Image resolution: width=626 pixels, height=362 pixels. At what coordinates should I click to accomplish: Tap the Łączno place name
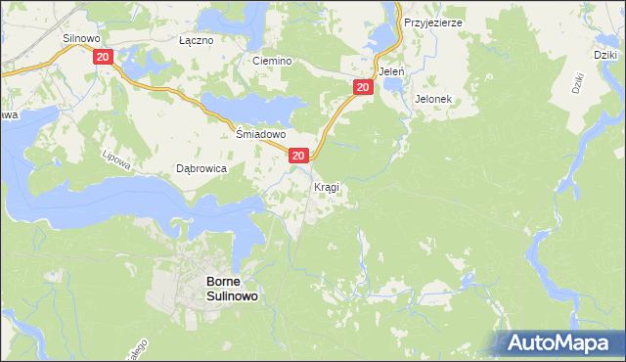click(x=196, y=41)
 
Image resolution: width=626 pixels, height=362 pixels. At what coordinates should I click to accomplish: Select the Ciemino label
click(x=273, y=61)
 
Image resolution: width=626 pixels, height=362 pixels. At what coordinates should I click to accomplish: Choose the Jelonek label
click(x=431, y=99)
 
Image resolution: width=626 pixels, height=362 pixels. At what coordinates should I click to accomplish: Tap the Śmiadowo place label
click(x=261, y=134)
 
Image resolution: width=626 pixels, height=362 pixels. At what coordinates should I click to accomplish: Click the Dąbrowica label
click(x=201, y=168)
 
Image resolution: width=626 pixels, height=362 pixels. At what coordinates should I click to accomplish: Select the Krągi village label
click(x=327, y=186)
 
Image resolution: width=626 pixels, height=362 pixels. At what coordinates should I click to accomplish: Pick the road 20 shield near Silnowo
click(x=104, y=58)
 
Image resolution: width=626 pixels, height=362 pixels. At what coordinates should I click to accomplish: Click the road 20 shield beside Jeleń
click(x=362, y=88)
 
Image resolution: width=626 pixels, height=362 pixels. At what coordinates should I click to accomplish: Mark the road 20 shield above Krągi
click(x=299, y=155)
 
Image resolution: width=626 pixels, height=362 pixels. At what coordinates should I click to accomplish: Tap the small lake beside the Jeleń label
click(x=396, y=86)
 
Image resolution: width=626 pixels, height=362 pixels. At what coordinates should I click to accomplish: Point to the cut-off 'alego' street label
click(x=134, y=349)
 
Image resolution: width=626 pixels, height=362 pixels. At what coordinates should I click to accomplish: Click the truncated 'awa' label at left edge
click(x=9, y=115)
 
